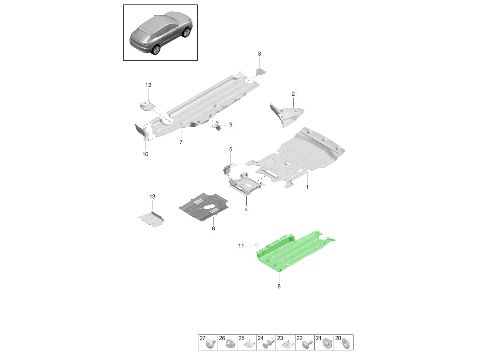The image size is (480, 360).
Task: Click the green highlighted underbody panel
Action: tap(293, 252)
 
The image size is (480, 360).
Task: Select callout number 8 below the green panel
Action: tap(279, 286)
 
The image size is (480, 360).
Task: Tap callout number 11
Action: tap(241, 246)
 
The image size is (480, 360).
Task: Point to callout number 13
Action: tap(152, 196)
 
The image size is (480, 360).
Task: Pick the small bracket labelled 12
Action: tap(147, 104)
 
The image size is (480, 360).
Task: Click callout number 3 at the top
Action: tap(259, 54)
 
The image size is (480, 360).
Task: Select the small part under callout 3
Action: tap(261, 72)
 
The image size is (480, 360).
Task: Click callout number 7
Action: tap(181, 142)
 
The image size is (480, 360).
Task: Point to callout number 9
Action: tap(231, 124)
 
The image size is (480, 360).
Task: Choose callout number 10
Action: tap(145, 154)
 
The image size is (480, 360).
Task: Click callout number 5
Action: tap(230, 150)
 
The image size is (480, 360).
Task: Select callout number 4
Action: tap(246, 209)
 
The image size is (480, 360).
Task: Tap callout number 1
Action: tap(307, 187)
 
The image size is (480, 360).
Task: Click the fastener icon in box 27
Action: tap(210, 345)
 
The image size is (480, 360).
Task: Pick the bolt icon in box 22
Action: tap(307, 345)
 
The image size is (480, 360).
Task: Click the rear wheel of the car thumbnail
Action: tap(156, 49)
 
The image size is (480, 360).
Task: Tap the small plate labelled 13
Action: tap(151, 219)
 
